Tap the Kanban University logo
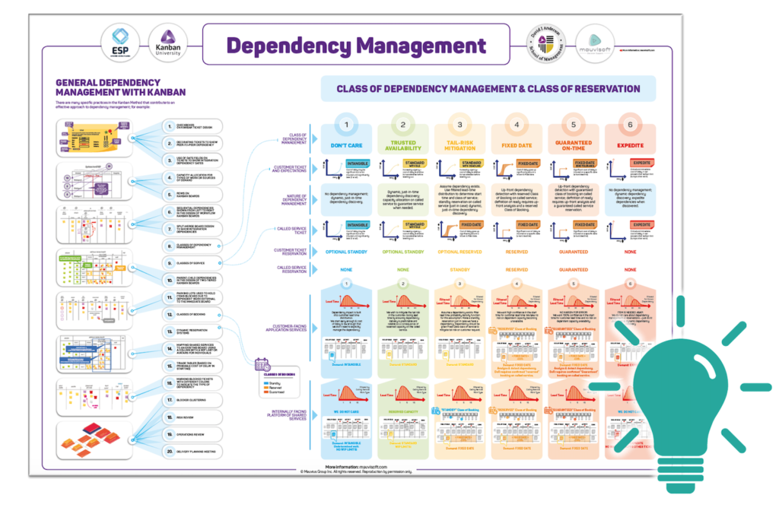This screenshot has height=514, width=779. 166,43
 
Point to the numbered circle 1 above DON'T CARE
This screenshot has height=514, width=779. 346,125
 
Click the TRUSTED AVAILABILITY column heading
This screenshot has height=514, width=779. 403,145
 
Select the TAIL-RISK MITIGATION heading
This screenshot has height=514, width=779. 459,145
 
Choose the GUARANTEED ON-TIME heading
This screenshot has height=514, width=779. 573,145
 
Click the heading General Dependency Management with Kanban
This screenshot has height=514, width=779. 120,87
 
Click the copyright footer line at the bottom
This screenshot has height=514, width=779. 356,471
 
